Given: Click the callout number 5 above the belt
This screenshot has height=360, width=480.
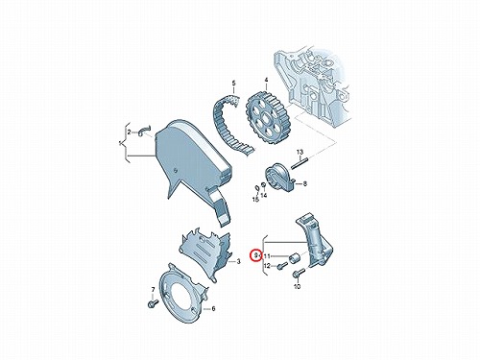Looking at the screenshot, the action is [233, 84].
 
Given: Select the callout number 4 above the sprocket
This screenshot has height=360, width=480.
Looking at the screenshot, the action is [266, 80].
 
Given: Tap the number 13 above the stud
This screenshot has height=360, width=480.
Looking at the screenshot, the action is [300, 152].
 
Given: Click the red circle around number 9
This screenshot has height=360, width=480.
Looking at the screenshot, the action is [256, 255].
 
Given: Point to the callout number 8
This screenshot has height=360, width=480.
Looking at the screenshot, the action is [305, 184].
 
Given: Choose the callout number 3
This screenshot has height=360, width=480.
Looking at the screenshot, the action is [238, 262].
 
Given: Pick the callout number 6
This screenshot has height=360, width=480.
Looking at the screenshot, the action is [213, 309].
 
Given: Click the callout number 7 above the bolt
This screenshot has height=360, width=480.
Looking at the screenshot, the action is [153, 290].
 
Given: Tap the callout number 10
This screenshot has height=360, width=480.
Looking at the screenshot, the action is [298, 287].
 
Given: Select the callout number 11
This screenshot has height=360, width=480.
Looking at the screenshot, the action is [267, 256].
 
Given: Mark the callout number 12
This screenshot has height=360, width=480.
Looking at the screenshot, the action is [267, 266].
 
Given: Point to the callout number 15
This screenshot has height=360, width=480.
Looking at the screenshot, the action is [255, 200].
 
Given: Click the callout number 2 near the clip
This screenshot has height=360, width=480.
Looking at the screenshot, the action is [130, 132].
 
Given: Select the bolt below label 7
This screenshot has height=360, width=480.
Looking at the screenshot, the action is [153, 302].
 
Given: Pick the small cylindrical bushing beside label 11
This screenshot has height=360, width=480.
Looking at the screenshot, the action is [294, 258].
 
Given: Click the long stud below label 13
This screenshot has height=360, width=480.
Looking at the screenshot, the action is [300, 162].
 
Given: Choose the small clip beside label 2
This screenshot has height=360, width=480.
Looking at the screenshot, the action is [143, 131].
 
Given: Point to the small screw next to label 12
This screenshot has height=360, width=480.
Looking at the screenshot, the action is [281, 266].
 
